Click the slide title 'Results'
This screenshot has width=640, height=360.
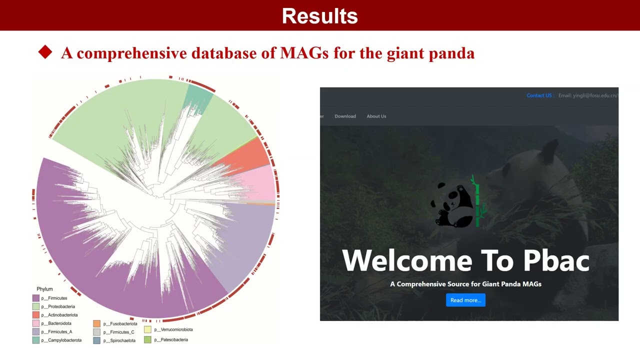[319, 16]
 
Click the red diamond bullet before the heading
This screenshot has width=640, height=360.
[45, 52]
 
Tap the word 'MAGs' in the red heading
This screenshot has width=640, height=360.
[304, 53]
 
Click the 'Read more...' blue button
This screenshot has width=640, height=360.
[465, 300]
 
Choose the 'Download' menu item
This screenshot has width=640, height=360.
[345, 116]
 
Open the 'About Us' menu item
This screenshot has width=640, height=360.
[376, 116]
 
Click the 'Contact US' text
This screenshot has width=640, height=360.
[539, 95]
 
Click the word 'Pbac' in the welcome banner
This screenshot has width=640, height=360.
[556, 260]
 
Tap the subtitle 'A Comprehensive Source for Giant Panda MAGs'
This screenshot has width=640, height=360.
[465, 284]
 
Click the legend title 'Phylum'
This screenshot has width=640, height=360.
[44, 289]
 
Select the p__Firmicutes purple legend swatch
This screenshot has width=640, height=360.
[36, 298]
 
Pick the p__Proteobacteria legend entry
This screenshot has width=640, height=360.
[57, 306]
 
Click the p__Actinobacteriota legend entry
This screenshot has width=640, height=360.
[59, 315]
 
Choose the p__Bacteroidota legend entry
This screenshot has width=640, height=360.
[56, 323]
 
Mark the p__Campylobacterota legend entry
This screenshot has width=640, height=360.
[61, 340]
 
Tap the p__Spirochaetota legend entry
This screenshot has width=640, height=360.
[119, 340]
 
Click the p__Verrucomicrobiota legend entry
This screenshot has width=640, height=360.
[172, 329]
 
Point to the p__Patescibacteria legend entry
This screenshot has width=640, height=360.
[170, 340]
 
